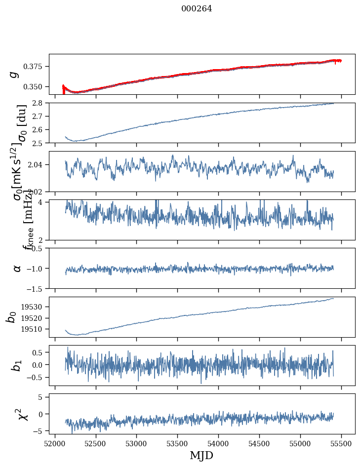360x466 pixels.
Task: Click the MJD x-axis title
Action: tap(201, 455)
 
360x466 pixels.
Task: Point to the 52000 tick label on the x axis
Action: tap(55, 442)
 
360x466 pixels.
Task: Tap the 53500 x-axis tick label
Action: tap(178, 442)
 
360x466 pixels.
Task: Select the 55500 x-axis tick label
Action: tap(342, 442)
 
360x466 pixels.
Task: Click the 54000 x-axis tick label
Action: tap(219, 442)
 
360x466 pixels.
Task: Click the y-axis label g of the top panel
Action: tap(15, 74)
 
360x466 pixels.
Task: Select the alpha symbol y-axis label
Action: tap(17, 268)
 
